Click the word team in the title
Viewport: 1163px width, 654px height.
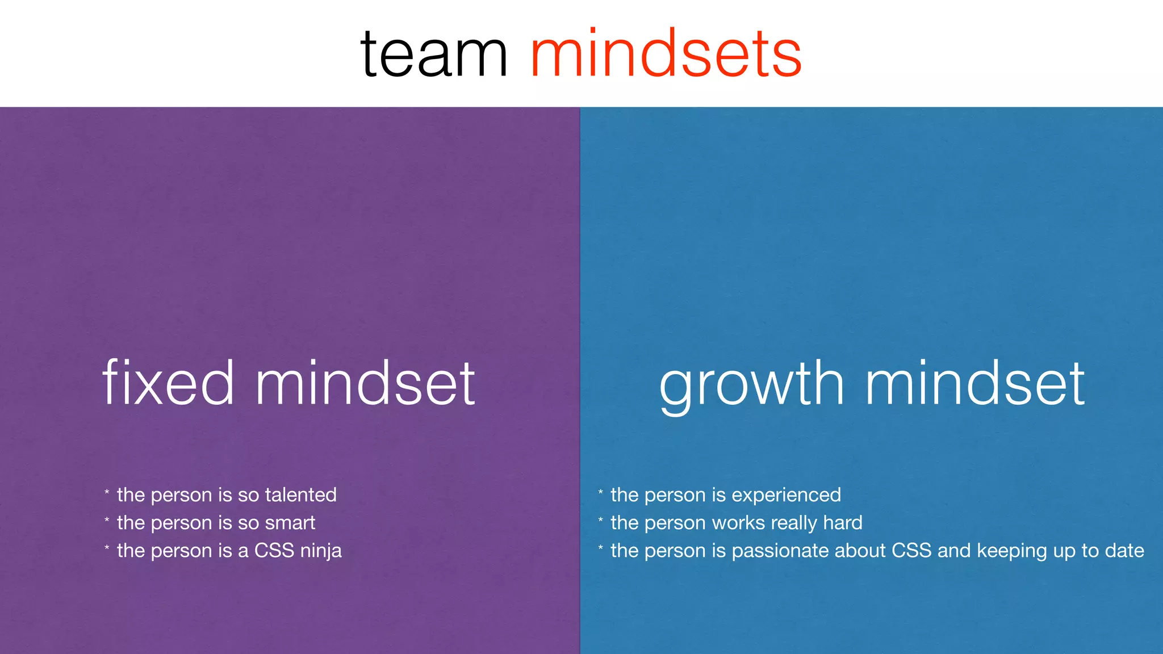(x=434, y=55)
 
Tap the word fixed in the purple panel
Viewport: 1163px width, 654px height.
(x=168, y=383)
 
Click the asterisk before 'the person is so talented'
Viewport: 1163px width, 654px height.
(x=107, y=492)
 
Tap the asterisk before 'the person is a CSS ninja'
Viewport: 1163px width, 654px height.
(x=107, y=548)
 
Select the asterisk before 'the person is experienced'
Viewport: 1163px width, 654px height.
(x=600, y=492)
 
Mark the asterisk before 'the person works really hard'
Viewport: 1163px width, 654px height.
(x=600, y=520)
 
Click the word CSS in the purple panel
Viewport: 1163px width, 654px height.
(x=274, y=551)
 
